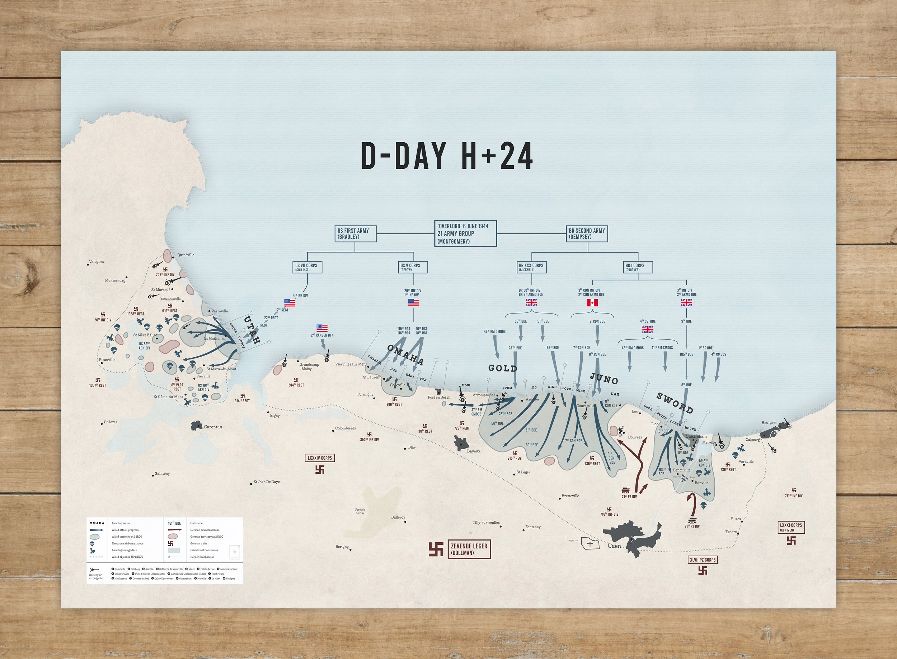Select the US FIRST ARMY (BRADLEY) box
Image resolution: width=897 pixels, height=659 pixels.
(x=356, y=234)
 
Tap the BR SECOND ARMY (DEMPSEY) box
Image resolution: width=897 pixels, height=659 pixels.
(x=587, y=234)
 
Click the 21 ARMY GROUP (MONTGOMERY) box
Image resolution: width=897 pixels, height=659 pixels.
(x=465, y=233)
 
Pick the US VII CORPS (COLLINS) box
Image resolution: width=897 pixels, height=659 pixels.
(x=306, y=267)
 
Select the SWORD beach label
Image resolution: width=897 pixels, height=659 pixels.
(x=675, y=403)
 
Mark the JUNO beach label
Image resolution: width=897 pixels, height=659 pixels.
(x=604, y=379)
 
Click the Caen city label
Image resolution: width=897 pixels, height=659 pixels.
(x=614, y=546)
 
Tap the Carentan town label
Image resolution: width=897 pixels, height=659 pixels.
(x=213, y=427)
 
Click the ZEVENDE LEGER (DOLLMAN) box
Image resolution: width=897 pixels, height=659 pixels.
(x=469, y=549)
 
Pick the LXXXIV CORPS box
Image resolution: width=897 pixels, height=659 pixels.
(x=320, y=458)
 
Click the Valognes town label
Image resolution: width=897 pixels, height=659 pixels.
(x=97, y=262)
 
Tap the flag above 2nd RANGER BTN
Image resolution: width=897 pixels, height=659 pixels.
(x=322, y=328)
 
